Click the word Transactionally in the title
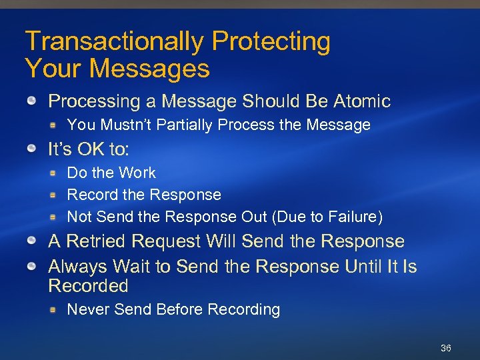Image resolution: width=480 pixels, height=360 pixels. click(115, 41)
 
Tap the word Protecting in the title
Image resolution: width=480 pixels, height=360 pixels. click(271, 41)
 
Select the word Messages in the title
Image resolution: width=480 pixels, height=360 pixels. click(149, 67)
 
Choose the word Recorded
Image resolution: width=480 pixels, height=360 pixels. click(88, 286)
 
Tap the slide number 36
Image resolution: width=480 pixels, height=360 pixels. click(446, 349)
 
